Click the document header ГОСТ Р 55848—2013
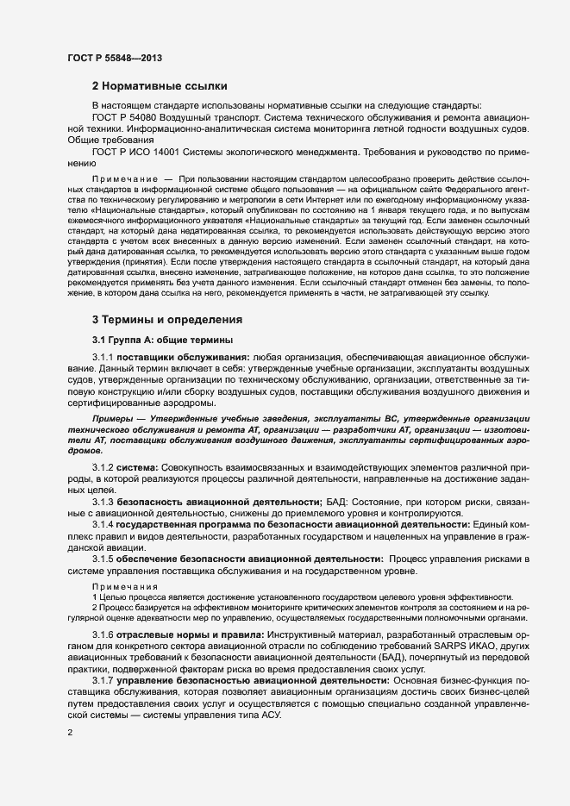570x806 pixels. point(114,58)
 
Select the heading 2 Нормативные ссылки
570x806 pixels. point(160,86)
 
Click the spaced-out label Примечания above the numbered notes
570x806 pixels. point(120,586)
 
